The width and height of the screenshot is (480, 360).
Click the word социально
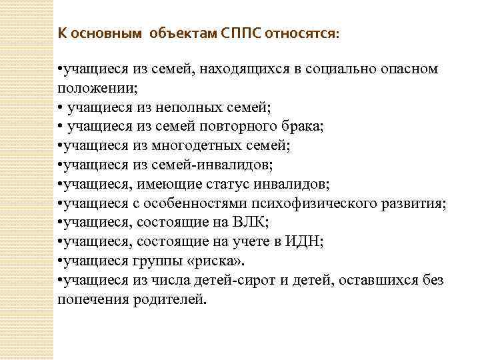(x=339, y=69)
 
